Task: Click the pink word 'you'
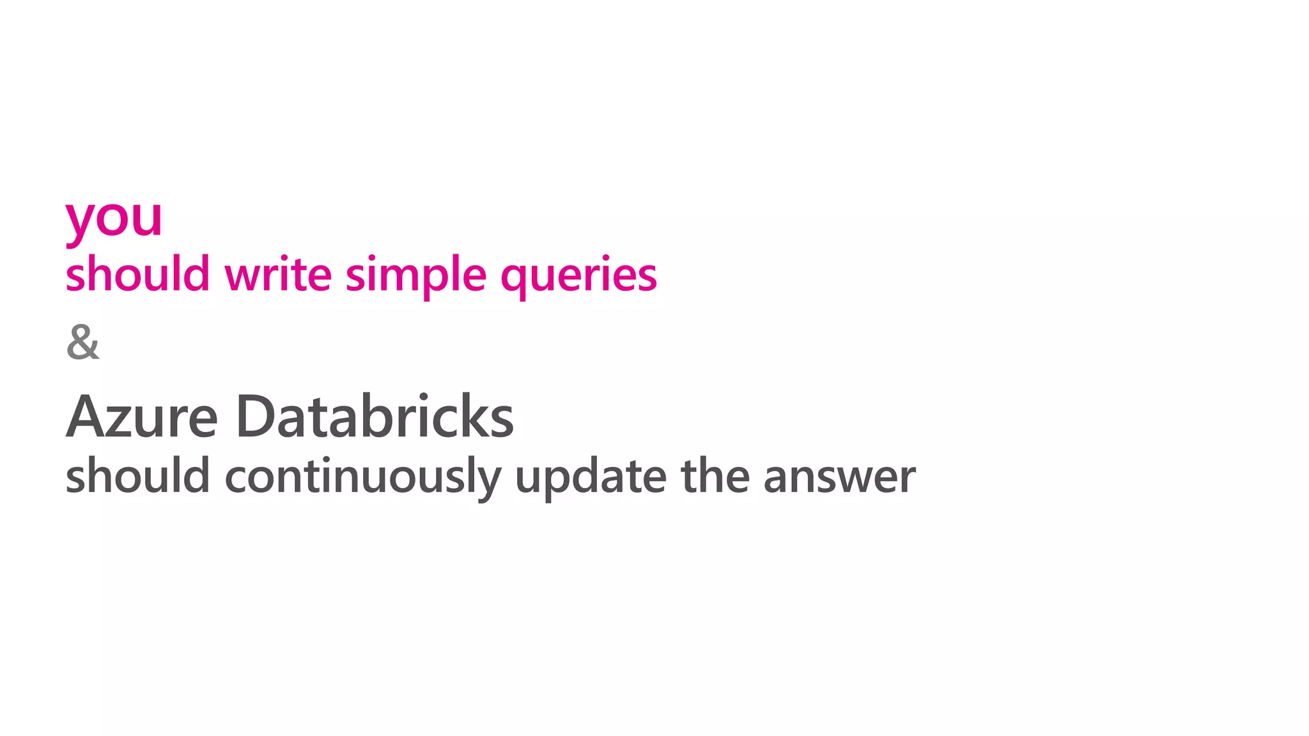114,219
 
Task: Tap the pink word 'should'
137,274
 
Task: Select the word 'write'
278,274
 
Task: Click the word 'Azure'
142,417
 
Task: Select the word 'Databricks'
375,416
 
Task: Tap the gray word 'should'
137,476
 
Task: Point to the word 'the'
715,476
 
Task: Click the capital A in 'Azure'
86,417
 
